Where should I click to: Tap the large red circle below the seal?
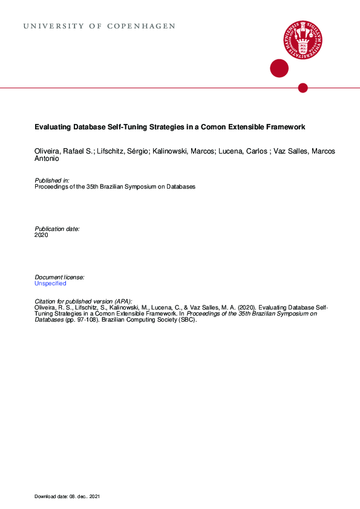point(279,68)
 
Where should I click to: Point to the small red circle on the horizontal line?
point(303,88)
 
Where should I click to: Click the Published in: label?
point(52,181)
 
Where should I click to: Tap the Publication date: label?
point(57,229)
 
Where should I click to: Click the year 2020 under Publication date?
point(42,235)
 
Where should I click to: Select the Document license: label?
point(59,277)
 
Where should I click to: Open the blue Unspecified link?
point(50,284)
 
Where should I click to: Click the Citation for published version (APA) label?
point(83,301)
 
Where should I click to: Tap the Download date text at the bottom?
point(67,496)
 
